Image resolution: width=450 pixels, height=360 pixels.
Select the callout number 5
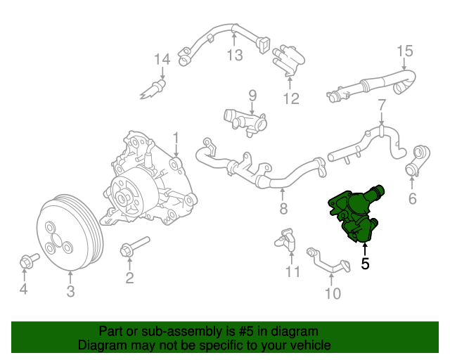(x=364, y=264)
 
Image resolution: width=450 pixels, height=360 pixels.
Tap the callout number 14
(x=162, y=58)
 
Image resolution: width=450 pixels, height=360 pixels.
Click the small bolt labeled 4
(x=25, y=262)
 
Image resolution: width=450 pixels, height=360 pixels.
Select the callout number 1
(x=176, y=137)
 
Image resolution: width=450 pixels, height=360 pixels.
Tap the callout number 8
(x=283, y=209)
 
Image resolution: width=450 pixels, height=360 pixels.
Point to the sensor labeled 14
(x=157, y=89)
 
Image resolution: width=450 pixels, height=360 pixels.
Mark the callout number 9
(x=252, y=95)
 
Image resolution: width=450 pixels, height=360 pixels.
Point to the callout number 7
(x=382, y=105)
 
